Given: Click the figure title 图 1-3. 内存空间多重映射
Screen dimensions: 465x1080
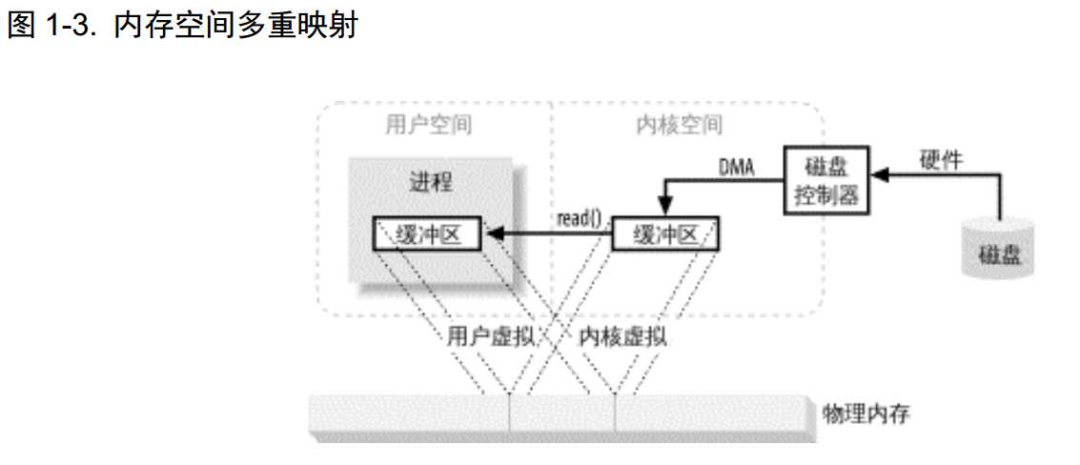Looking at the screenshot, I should (x=181, y=26).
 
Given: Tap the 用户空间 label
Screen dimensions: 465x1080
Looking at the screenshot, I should (x=428, y=124).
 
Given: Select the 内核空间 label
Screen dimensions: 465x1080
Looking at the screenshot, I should (x=678, y=124).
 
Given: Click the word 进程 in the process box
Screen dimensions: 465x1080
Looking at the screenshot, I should (x=428, y=182).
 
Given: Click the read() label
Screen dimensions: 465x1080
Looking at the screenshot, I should (x=579, y=218).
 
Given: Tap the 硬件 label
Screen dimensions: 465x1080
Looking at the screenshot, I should (x=941, y=160).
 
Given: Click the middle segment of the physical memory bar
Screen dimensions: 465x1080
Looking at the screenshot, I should (x=562, y=416).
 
